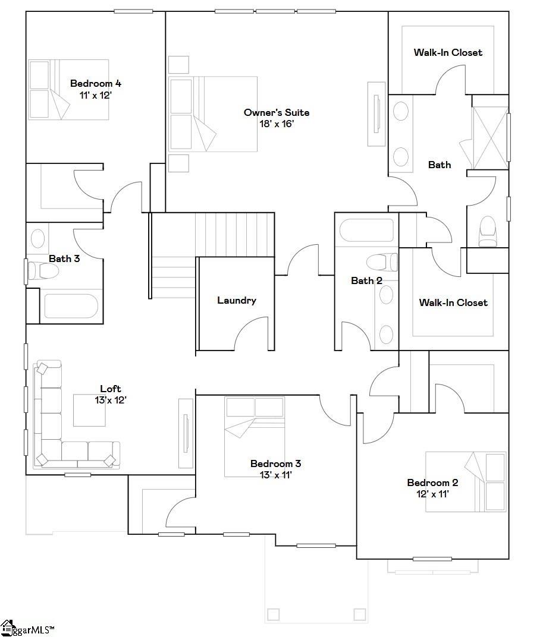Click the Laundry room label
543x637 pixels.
236,300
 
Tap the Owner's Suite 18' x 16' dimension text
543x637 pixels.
277,124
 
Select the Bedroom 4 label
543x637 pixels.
96,83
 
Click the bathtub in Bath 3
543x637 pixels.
71,306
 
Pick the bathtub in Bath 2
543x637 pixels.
366,231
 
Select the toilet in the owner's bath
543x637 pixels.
487,231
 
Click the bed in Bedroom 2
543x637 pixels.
466,482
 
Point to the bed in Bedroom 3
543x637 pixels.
255,437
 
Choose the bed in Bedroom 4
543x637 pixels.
68,89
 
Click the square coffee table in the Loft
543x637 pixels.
89,411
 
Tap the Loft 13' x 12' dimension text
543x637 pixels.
111,400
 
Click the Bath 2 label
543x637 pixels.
366,280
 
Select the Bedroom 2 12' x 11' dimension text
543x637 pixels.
432,494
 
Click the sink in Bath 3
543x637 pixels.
38,238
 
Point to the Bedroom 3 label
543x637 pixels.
276,463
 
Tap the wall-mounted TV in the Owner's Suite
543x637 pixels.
376,114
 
